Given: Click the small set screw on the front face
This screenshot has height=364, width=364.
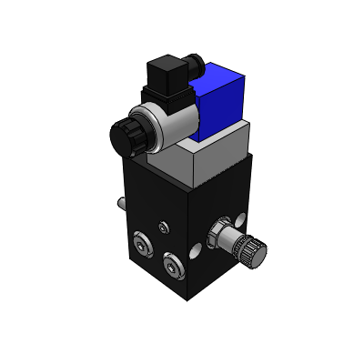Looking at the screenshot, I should pyautogui.click(x=163, y=227).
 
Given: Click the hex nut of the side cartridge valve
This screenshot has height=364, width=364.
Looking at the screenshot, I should pyautogui.click(x=221, y=234).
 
